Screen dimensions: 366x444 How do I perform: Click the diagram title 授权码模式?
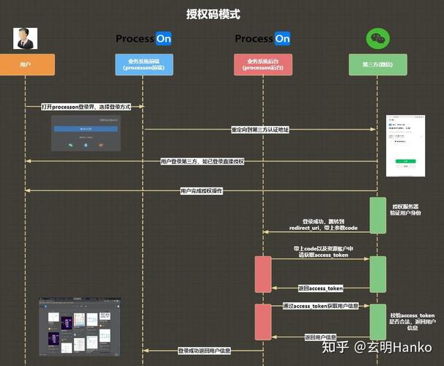[x=212, y=13]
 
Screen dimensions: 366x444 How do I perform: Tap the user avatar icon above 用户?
[x=26, y=38]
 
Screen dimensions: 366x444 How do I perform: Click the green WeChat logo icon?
[x=378, y=38]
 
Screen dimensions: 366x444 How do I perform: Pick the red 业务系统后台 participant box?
[x=262, y=65]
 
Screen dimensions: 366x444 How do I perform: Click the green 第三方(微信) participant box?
[x=377, y=65]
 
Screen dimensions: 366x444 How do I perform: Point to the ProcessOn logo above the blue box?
[x=144, y=38]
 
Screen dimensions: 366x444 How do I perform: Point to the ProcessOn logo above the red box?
[x=262, y=38]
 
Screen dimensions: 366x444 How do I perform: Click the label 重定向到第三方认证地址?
[x=260, y=130]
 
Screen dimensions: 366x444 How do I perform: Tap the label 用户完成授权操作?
[x=201, y=191]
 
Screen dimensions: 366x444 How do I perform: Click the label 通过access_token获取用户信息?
[x=320, y=306]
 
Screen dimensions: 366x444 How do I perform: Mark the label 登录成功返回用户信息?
[x=204, y=351]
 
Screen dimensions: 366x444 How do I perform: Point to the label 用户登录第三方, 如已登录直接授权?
[x=201, y=161]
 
